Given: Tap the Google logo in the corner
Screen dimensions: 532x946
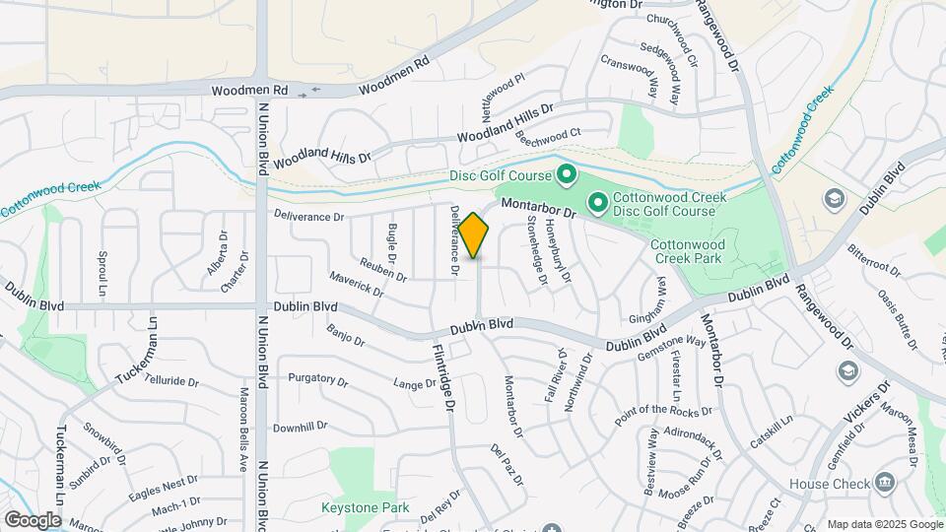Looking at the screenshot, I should click(33, 519).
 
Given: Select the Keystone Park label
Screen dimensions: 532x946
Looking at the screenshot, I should click(366, 508).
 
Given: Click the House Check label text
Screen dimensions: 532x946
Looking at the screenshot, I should click(830, 484).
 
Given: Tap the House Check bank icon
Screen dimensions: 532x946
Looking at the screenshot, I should click(885, 483).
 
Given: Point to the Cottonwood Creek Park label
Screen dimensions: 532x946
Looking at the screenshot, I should click(700, 250).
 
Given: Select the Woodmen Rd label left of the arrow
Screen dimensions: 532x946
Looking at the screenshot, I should click(253, 90).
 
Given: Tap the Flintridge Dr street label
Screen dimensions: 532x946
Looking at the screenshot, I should click(442, 376).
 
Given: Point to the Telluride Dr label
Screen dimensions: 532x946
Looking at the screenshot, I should click(172, 380).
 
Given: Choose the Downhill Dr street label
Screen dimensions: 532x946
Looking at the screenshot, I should click(301, 427).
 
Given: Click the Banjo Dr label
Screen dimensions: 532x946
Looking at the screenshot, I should click(346, 336).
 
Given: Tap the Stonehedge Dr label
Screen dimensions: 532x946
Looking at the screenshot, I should click(537, 251).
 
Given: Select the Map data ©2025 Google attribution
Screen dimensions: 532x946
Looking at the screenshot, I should click(884, 523).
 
